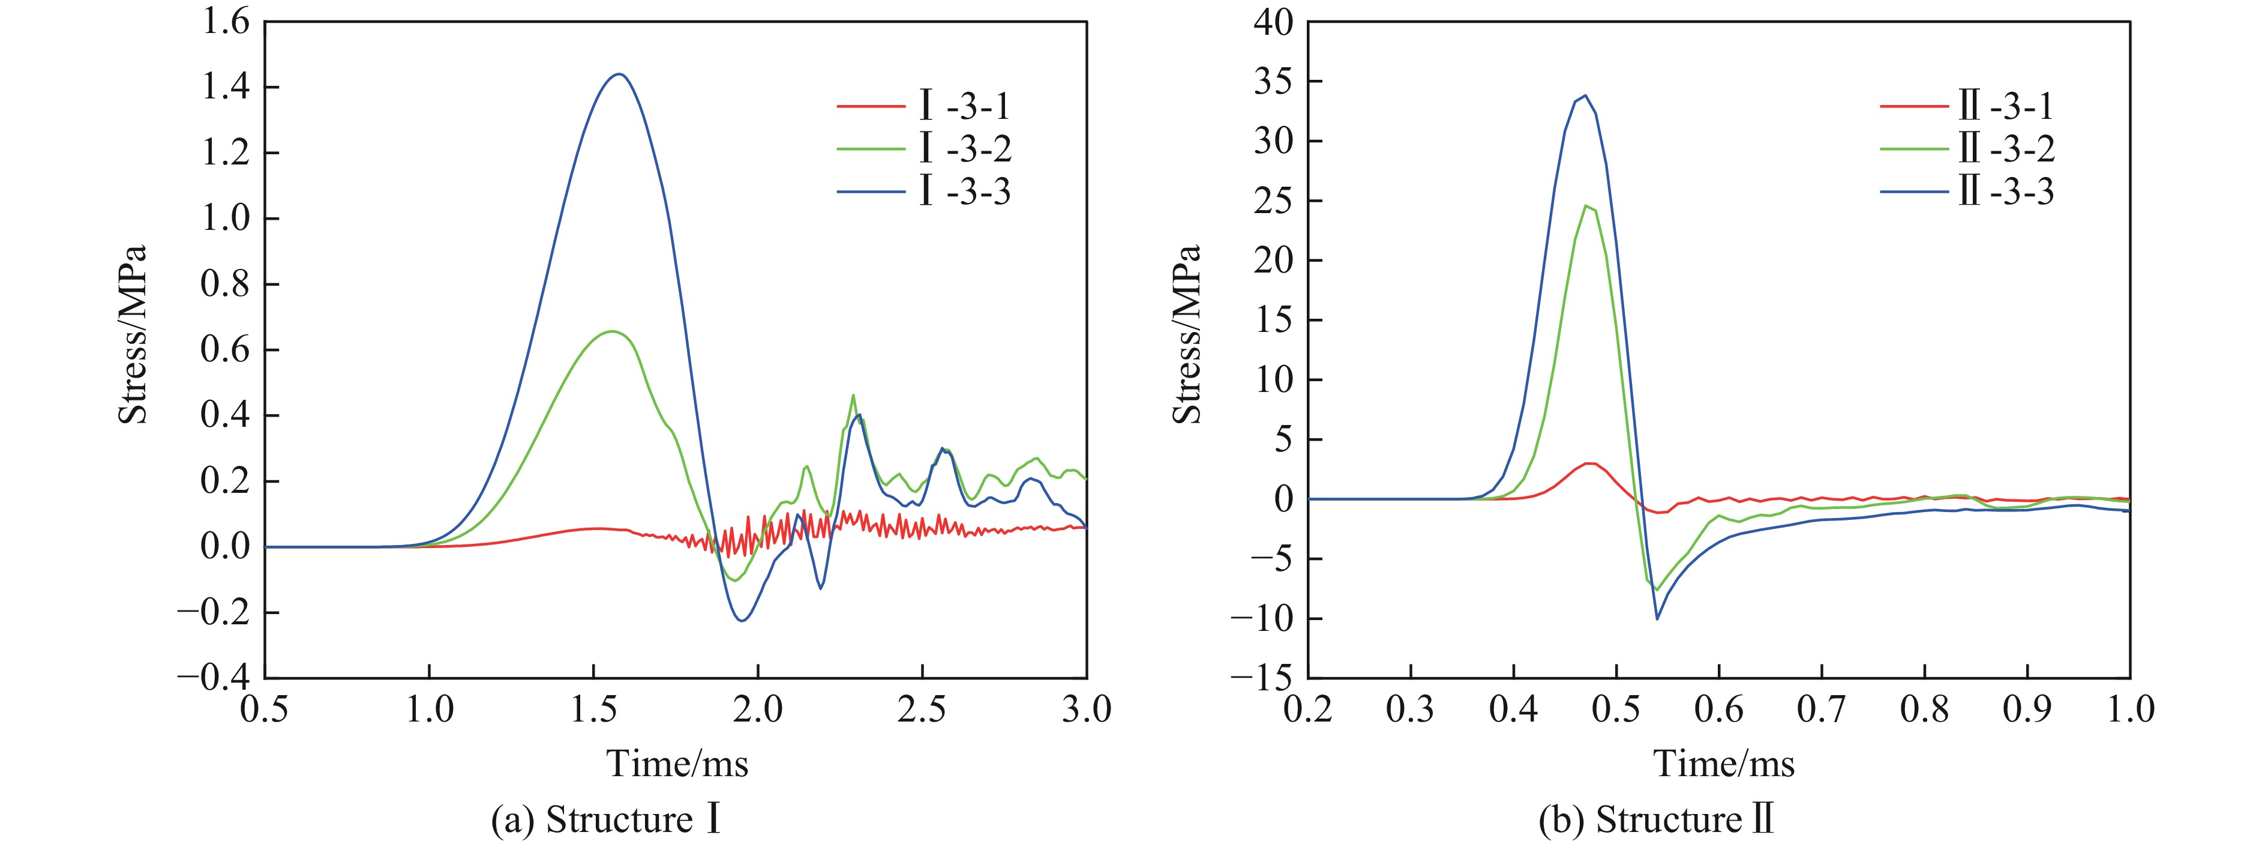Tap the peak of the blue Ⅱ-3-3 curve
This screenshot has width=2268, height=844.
coord(1585,95)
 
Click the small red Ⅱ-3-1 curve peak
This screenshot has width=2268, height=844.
coord(1589,463)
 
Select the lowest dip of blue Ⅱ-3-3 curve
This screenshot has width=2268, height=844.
coord(1657,618)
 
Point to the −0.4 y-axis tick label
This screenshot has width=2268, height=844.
coord(214,678)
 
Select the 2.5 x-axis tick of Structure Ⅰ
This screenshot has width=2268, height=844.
coord(922,709)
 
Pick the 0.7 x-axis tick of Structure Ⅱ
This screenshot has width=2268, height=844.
coord(1822,709)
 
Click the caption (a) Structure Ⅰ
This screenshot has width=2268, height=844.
coord(607,819)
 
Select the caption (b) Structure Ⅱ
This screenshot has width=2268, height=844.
coord(1655,819)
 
